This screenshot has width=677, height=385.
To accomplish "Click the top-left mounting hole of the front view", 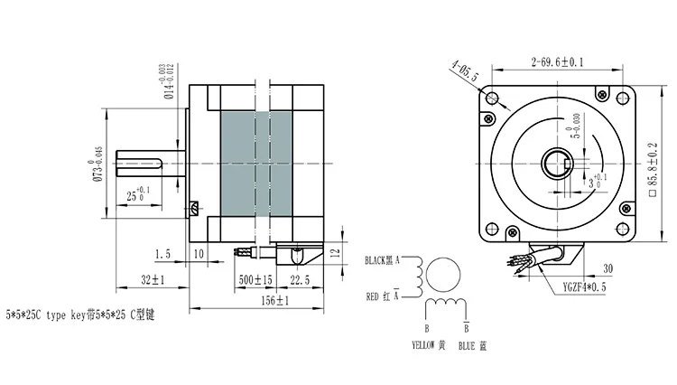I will [x=491, y=98].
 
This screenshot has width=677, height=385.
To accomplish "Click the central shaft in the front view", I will [x=552, y=164].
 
